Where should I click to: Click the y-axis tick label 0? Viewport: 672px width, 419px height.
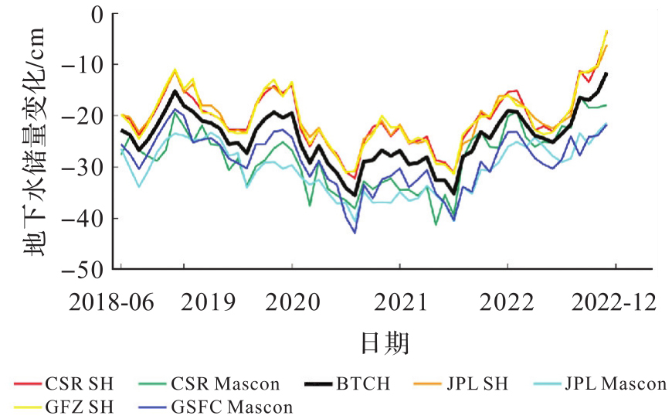point(99,14)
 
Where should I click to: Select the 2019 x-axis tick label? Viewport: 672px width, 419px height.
point(207,301)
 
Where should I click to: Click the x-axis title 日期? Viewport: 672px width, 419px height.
point(384,342)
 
